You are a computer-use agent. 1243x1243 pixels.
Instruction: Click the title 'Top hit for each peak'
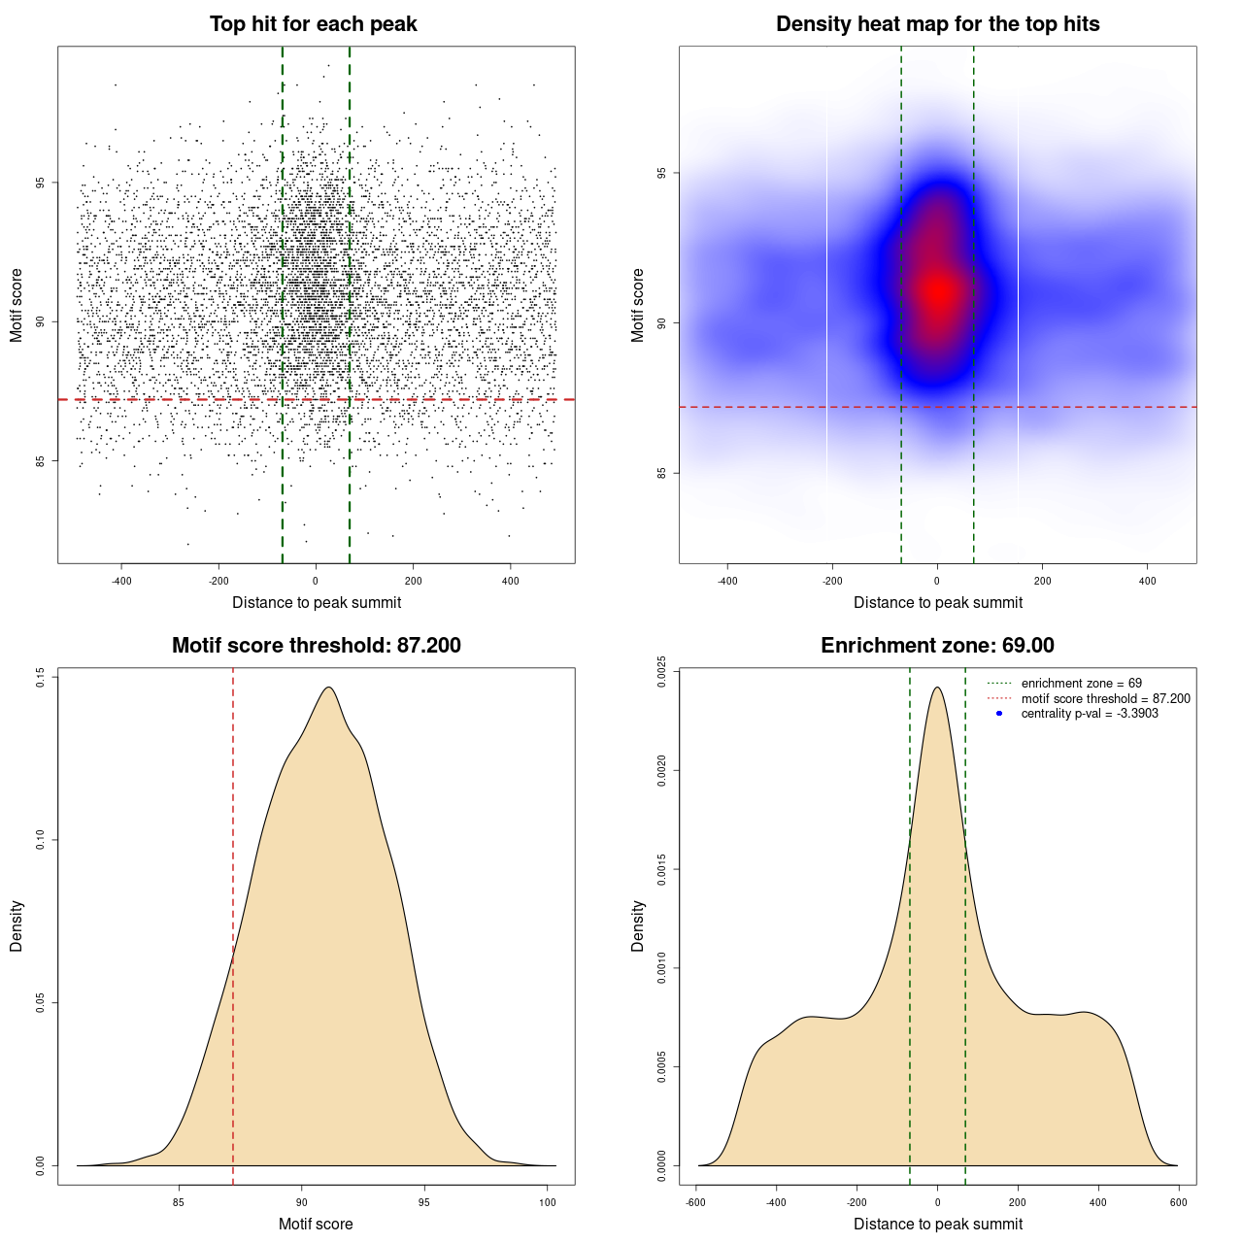[314, 24]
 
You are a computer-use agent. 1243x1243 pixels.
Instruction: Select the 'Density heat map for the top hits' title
[937, 24]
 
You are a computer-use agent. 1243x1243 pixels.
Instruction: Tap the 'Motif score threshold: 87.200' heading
[316, 646]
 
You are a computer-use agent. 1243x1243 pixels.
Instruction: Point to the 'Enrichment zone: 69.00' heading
[937, 646]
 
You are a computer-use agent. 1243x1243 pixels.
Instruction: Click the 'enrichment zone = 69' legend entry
[1081, 684]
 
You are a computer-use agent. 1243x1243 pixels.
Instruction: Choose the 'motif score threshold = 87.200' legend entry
[1105, 698]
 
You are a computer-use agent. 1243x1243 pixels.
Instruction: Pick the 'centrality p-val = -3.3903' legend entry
[1090, 714]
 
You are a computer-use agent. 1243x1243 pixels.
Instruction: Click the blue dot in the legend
[999, 714]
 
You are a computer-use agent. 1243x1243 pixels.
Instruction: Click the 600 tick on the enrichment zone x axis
[1179, 1202]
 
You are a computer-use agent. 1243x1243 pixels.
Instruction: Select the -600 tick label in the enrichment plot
[695, 1202]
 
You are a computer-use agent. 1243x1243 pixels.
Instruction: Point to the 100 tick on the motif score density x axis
[548, 1202]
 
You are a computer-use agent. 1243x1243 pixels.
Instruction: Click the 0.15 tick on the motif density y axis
[41, 676]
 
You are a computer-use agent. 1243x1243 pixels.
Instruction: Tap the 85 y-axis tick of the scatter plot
[41, 460]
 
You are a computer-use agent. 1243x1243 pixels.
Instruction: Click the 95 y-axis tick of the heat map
[662, 173]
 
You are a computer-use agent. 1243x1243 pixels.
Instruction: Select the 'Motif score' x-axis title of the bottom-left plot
[316, 1224]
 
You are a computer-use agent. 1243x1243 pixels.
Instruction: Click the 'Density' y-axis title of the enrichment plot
[638, 925]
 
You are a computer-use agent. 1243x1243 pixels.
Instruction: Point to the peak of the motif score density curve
[329, 688]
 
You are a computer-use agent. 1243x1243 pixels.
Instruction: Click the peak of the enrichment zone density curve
[937, 688]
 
